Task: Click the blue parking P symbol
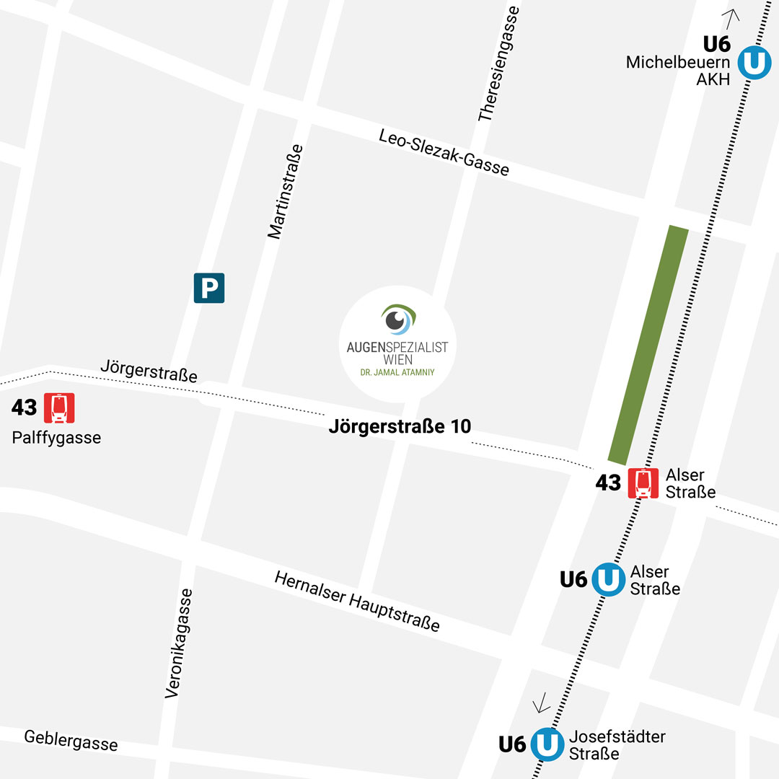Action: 209,288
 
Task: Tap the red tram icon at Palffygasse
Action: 60,408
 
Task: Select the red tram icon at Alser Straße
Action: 643,483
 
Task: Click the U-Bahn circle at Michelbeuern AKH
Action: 754,62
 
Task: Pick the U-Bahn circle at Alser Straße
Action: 609,578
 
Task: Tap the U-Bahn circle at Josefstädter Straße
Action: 547,744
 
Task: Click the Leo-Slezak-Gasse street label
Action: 444,153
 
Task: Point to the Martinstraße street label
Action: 285,191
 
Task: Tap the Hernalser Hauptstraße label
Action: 357,601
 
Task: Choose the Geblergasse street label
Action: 71,740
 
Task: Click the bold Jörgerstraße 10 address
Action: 400,426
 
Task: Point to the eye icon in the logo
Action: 397,320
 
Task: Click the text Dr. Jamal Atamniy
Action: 397,372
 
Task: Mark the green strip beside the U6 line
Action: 648,344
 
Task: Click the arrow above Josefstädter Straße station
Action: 541,702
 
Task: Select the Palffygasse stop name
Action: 56,437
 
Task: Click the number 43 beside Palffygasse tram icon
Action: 24,408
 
